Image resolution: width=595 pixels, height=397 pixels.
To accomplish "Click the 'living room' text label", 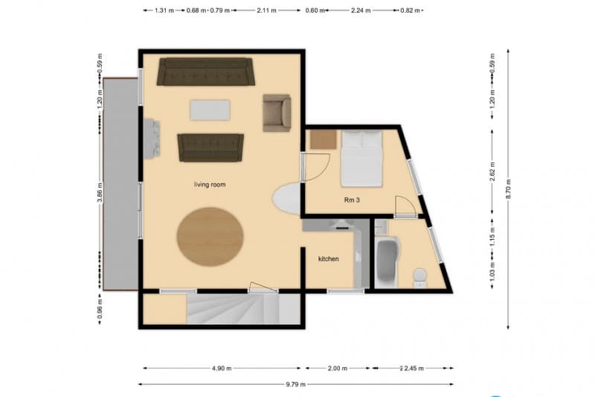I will point(210,184).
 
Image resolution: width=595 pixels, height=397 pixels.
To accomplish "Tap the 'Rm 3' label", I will point(352,200).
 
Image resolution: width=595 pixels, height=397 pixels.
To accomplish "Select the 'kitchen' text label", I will point(328,258).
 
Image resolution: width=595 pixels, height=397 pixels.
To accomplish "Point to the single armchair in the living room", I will point(277,112).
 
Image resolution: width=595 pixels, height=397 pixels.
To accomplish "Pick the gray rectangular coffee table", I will point(210,110).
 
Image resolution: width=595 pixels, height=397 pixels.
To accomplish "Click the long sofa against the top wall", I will point(205,72).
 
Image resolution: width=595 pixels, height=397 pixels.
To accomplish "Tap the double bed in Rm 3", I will point(361,158).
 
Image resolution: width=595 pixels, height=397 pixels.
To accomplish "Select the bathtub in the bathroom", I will point(387,262).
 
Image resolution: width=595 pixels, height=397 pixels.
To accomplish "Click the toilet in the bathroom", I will point(419,277).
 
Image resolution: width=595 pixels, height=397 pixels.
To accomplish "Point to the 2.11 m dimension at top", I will point(266,11).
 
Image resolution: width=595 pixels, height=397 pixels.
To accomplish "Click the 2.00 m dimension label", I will point(336,368).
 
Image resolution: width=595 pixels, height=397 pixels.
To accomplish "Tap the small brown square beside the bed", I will point(324,139).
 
